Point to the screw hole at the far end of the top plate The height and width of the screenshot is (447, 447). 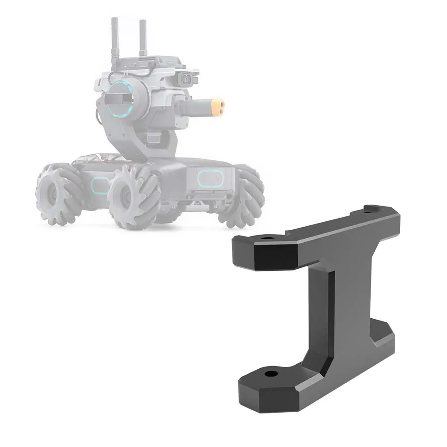[x=372, y=208]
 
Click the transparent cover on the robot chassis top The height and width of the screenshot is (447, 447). [x=96, y=158]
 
